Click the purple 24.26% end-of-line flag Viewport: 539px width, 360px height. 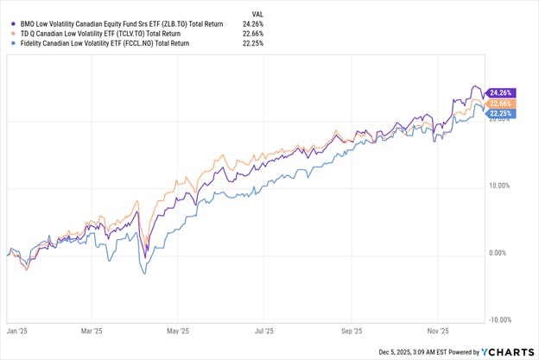coord(502,92)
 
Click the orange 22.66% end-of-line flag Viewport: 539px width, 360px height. coord(502,104)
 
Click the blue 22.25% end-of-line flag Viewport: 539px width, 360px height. coord(502,113)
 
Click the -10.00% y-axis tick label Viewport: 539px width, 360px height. coord(500,319)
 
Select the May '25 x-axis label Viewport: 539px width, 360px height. coord(178,330)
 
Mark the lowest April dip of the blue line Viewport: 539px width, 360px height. coord(144,274)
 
